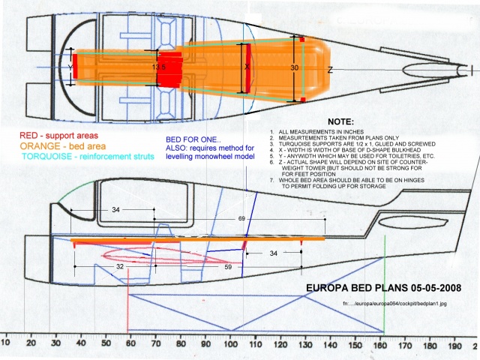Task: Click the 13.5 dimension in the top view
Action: coord(159,67)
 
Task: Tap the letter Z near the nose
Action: coord(330,70)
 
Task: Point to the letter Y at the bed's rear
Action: coord(70,66)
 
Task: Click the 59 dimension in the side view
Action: coord(226,265)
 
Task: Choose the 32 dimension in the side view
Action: coord(119,265)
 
